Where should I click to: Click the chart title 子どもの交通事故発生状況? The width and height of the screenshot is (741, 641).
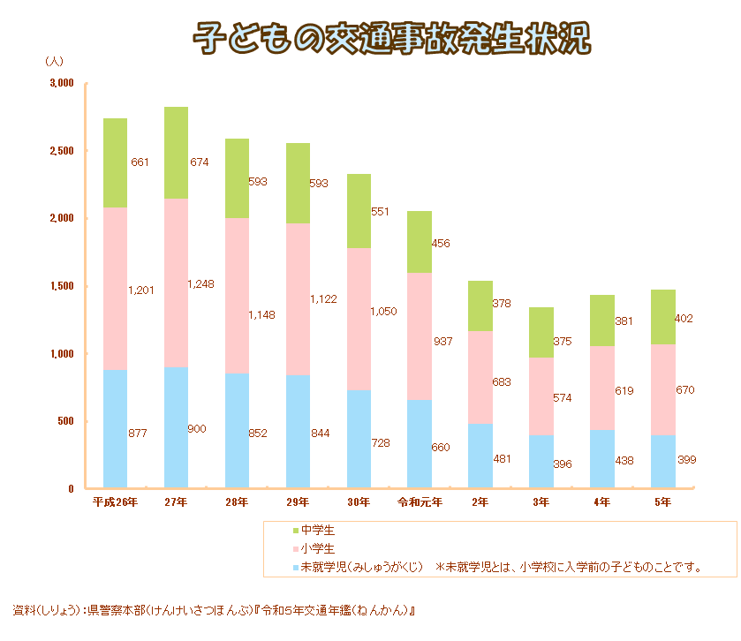tap(391, 38)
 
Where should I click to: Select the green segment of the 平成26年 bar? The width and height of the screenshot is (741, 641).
tap(115, 163)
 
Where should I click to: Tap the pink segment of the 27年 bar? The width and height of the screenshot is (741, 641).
tap(176, 283)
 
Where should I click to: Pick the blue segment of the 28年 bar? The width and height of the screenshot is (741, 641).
tap(237, 430)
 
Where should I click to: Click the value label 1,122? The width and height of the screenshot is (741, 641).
tap(324, 300)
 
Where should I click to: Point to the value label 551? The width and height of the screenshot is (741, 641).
tap(381, 212)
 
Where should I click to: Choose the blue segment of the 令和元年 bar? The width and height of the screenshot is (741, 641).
tap(420, 443)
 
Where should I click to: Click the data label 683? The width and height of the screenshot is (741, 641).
tap(503, 382)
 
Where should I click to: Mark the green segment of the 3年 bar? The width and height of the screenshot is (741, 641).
tap(541, 332)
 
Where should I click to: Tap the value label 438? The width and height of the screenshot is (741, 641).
tap(624, 460)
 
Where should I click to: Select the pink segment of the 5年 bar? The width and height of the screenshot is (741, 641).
tap(663, 389)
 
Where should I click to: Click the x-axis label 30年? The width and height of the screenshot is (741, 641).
tap(359, 502)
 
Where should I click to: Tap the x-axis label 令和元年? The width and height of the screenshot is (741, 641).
tap(420, 502)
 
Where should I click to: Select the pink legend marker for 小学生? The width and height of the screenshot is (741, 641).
tap(295, 549)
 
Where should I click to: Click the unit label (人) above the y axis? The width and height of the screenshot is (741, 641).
tap(54, 62)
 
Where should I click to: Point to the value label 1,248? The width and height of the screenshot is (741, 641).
tap(201, 284)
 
